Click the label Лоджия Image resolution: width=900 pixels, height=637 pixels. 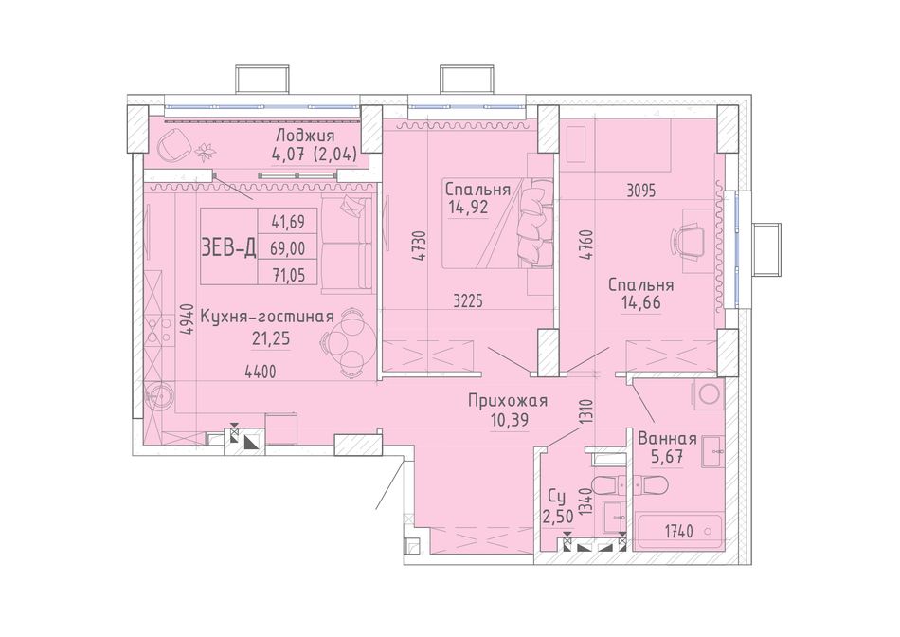[305, 136]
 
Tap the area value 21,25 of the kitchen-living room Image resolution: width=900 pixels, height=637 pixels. [271, 338]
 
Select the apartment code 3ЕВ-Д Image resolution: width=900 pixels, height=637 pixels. [228, 248]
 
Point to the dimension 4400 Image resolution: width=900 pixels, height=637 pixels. [260, 373]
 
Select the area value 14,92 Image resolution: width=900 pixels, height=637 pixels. [468, 207]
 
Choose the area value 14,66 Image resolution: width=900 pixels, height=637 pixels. [640, 302]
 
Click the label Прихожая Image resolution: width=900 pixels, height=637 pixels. [508, 400]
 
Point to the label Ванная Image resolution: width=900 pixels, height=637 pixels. [668, 439]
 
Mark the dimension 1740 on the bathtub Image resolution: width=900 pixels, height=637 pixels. [679, 532]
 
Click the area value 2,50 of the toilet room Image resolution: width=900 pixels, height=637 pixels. [558, 517]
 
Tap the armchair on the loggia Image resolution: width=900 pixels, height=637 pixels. [174, 145]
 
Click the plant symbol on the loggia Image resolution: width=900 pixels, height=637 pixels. [205, 151]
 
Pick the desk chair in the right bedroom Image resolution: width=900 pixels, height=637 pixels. [687, 241]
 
